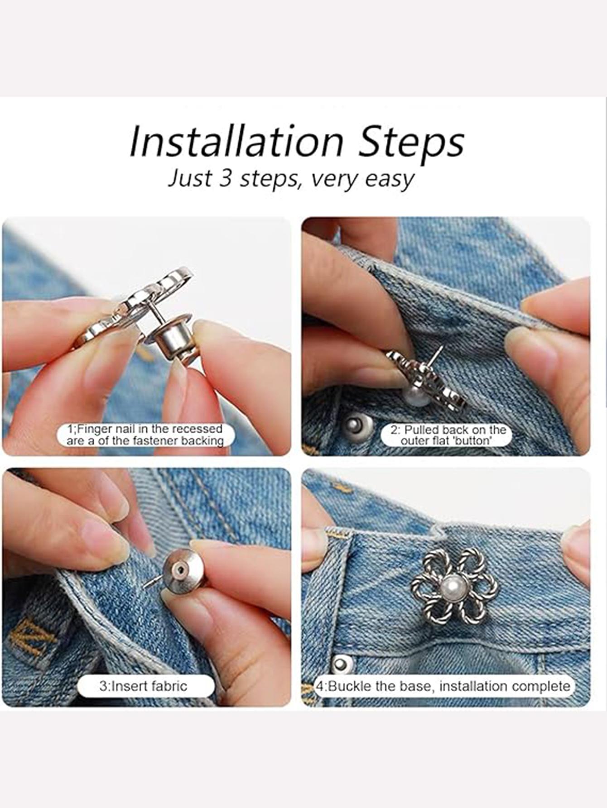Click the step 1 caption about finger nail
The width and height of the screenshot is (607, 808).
click(145, 435)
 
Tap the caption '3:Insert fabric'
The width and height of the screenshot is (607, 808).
click(143, 686)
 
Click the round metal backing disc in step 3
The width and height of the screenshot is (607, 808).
click(181, 572)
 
